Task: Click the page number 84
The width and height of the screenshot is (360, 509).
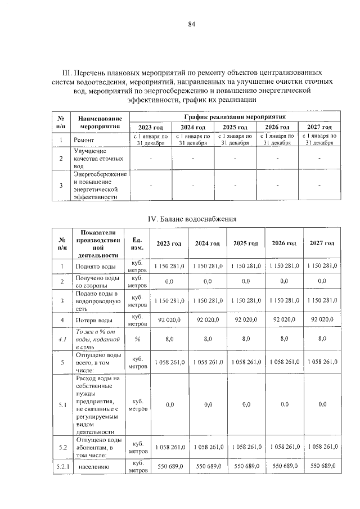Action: [191, 24]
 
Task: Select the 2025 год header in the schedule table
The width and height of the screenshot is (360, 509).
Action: [235, 127]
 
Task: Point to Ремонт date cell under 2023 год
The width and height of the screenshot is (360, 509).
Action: [150, 139]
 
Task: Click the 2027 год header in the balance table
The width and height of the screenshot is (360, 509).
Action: [322, 243]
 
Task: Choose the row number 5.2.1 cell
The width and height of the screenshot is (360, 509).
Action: [62, 466]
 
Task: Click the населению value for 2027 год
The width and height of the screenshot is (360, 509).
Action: [322, 466]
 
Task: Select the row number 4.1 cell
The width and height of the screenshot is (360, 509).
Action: [62, 339]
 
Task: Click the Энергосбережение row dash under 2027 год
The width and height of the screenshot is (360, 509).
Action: [319, 185]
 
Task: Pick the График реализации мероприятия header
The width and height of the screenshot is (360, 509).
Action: [235, 115]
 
